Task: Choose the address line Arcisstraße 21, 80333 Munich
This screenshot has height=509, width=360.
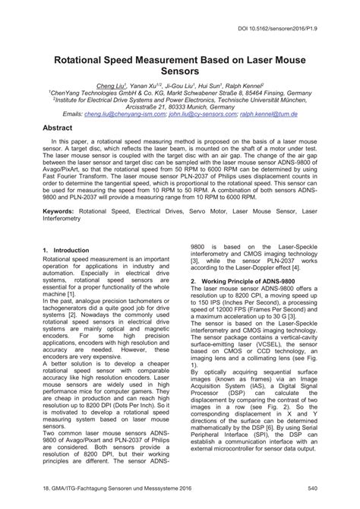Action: point(179,106)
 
